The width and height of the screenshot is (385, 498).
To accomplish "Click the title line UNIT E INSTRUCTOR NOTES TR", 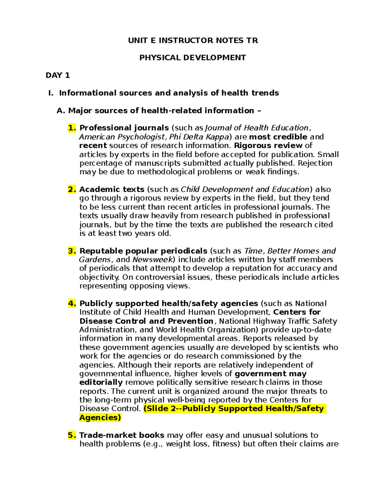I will coord(193,40).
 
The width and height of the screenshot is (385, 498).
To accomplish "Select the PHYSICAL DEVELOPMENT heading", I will coord(193,58).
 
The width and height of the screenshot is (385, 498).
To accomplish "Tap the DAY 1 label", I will coord(58,75).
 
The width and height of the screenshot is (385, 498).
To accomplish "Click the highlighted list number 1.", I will coord(72,128).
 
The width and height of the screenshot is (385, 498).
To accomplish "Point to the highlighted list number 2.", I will coord(72,190).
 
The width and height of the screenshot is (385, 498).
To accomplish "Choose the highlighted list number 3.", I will coord(72,251).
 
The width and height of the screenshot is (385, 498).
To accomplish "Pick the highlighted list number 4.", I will coord(72,304).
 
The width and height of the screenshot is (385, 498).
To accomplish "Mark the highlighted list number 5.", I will coord(72,435).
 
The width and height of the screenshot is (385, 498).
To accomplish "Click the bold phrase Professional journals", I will coord(124,128).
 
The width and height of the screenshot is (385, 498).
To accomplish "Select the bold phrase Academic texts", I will coord(112,190).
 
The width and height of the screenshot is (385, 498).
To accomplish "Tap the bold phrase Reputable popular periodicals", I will coord(143,251).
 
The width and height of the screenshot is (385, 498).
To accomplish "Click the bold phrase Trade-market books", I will coord(122,435).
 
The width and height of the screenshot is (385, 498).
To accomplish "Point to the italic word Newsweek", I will coord(153,260).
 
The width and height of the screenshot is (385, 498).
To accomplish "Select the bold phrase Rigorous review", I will coord(268,146).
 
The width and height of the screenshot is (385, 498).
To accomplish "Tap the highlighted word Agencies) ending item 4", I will coord(100,418).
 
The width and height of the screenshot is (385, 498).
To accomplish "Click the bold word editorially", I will coord(101,383).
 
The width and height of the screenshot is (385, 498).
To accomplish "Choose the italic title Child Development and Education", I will coord(245,190).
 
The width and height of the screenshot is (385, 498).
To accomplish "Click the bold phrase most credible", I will coord(278,137).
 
